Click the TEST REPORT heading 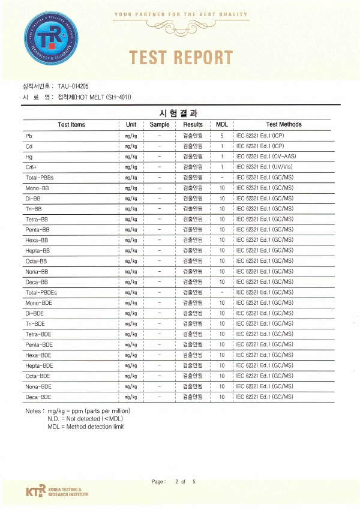pos(181,58)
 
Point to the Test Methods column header pos(284,124)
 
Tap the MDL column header pos(221,124)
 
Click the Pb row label pos(28,136)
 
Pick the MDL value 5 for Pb pos(221,136)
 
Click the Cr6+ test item pos(32,167)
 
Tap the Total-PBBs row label pos(40,178)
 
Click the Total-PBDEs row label pos(41,292)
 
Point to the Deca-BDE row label pos(38,397)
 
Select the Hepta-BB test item pos(37,250)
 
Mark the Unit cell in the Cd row pos(131,146)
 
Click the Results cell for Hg pos(193,156)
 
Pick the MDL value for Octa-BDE pos(221,376)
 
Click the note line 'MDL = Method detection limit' pos(85,427)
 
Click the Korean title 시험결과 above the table pos(179,113)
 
